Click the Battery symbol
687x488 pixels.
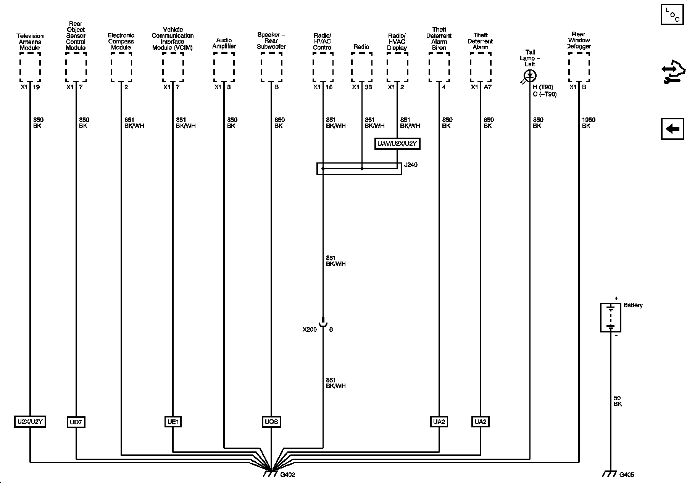(610, 317)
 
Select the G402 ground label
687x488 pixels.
(287, 475)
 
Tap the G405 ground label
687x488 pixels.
(626, 475)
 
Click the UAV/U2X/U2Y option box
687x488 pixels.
(397, 144)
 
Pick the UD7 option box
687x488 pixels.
(76, 422)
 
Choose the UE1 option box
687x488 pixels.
(173, 422)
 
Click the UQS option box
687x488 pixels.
(271, 422)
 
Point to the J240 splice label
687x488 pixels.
(411, 165)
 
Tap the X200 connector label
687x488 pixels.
(310, 329)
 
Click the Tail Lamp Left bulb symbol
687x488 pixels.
(530, 75)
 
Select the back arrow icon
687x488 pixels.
(672, 129)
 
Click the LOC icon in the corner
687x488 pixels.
(672, 14)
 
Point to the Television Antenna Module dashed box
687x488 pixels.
(30, 67)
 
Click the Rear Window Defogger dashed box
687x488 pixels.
(579, 67)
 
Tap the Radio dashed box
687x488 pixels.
(361, 67)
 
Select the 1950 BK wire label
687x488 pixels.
(588, 123)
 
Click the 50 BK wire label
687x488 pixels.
(618, 401)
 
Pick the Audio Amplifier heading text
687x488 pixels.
(224, 43)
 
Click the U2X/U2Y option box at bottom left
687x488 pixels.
(30, 422)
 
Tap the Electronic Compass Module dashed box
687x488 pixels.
(121, 67)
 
